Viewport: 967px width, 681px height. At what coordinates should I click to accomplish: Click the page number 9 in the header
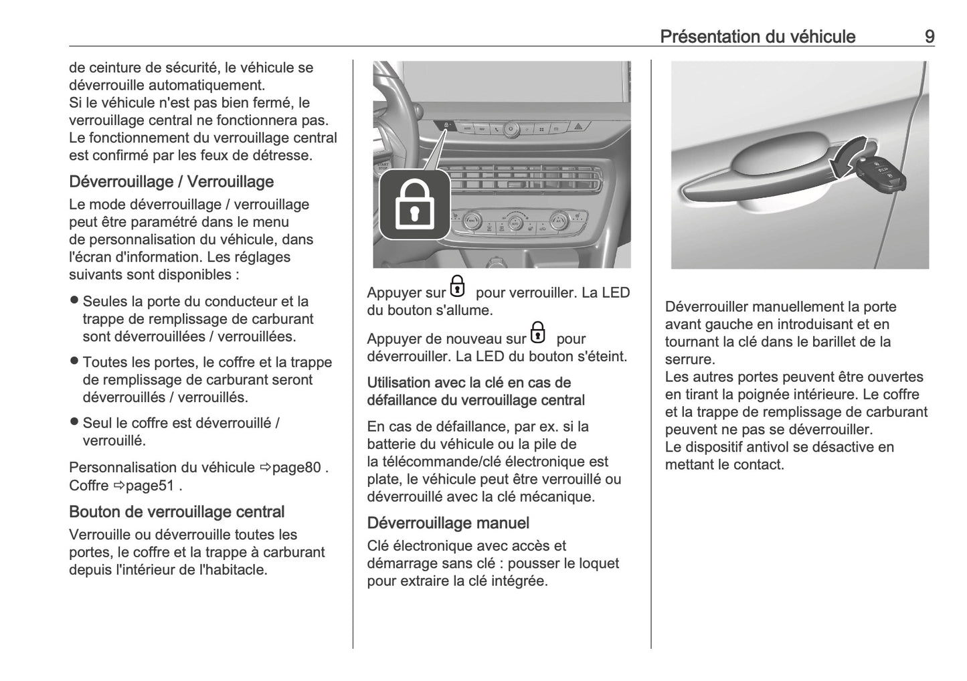click(929, 36)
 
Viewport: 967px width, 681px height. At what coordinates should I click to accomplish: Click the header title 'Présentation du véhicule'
click(757, 36)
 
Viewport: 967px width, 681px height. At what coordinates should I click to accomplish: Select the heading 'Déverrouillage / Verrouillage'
click(171, 181)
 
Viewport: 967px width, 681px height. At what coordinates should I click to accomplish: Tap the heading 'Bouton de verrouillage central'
click(177, 512)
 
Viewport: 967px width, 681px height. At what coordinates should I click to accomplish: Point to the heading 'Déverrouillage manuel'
click(448, 522)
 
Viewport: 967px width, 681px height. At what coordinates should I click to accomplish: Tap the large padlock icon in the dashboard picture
click(414, 204)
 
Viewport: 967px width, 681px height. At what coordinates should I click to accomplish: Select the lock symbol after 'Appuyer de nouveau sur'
click(537, 332)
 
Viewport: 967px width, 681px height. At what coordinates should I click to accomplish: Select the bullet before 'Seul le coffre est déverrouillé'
click(74, 422)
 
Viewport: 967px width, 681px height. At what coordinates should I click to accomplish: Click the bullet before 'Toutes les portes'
click(74, 362)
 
